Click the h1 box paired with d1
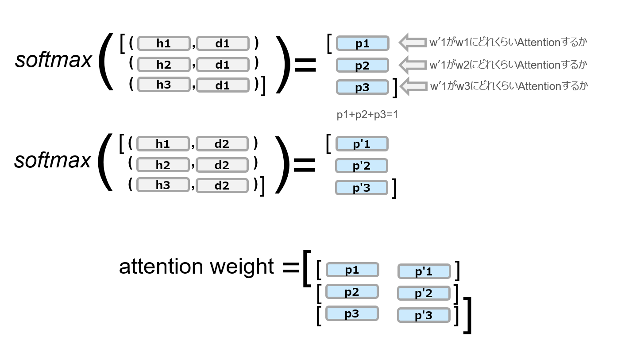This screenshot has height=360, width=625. (164, 43)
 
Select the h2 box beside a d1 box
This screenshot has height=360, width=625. (164, 65)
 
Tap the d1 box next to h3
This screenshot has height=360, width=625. (223, 85)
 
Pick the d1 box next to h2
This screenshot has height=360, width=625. (223, 65)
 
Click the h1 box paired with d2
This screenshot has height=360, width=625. (163, 144)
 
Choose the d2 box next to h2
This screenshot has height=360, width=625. (222, 165)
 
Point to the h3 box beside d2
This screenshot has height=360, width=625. (163, 185)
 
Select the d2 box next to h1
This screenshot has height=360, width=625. (222, 144)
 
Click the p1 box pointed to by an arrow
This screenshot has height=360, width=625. (363, 43)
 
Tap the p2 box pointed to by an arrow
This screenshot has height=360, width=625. (363, 66)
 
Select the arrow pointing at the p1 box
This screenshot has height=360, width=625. (412, 42)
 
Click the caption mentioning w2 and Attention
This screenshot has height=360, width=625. (508, 65)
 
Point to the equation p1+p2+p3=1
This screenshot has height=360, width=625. (367, 115)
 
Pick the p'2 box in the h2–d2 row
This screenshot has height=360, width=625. (362, 166)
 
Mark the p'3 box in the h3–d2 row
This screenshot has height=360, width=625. (362, 188)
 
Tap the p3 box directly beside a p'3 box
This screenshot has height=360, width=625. (352, 314)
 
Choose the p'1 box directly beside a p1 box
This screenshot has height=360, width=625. (424, 271)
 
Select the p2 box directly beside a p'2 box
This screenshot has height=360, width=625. (352, 292)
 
